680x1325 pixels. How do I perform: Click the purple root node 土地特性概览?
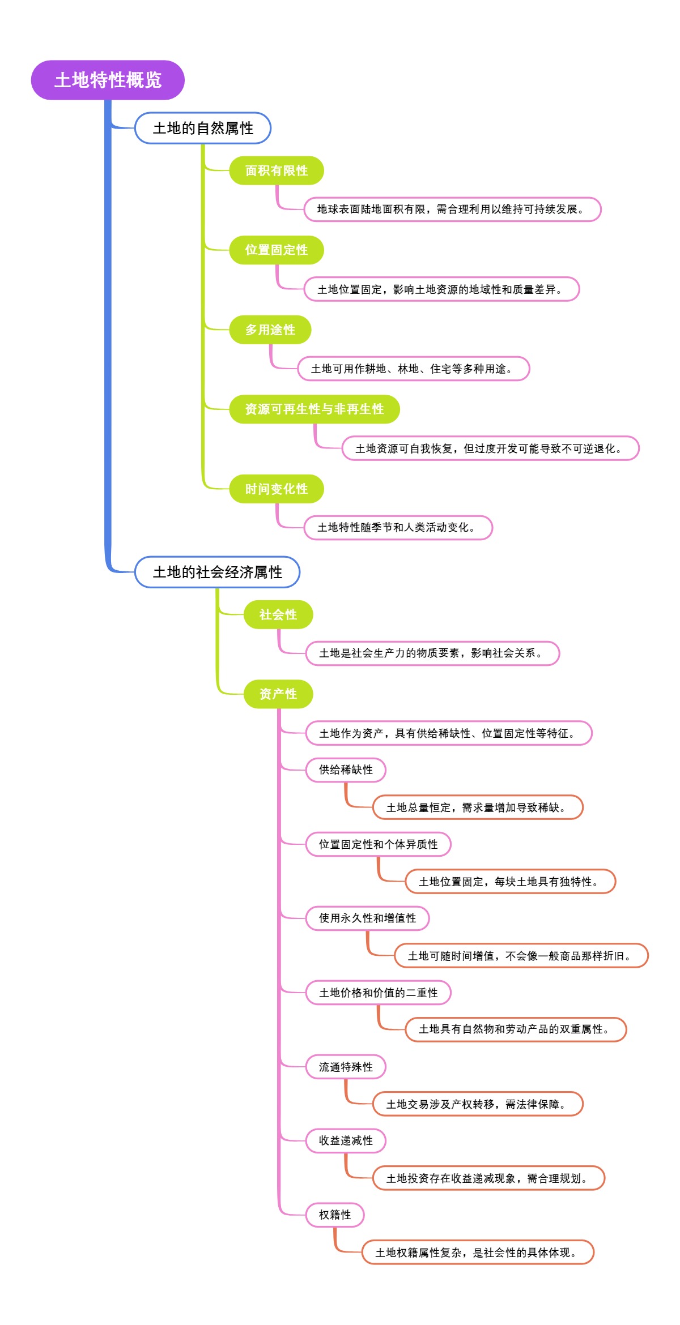[x=108, y=80]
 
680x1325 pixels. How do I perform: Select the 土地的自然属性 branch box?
[x=203, y=128]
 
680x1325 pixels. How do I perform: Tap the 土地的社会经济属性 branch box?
[x=217, y=572]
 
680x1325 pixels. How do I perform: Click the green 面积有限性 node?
[x=276, y=170]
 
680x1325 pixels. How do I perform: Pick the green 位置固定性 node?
[x=276, y=250]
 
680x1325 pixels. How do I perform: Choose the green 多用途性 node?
[x=270, y=330]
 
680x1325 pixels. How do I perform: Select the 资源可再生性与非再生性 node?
[x=314, y=409]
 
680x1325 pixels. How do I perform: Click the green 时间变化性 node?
[x=276, y=489]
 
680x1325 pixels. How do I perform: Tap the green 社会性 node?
[x=278, y=614]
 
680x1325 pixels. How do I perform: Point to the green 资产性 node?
[x=278, y=694]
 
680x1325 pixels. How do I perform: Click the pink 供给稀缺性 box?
[x=346, y=770]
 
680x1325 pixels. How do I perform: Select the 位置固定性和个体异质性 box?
[x=378, y=844]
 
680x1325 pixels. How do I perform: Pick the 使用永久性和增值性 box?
[x=367, y=918]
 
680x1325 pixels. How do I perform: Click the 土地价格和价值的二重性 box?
[x=378, y=993]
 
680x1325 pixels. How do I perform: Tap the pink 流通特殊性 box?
[x=346, y=1067]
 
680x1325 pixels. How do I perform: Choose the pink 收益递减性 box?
[x=346, y=1140]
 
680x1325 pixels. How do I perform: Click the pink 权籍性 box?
[x=334, y=1215]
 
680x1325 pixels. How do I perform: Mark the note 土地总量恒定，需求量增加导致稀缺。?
[x=477, y=807]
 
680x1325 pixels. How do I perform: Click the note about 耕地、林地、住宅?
[x=413, y=369]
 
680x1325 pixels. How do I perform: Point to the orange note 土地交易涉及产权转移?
[x=477, y=1104]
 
